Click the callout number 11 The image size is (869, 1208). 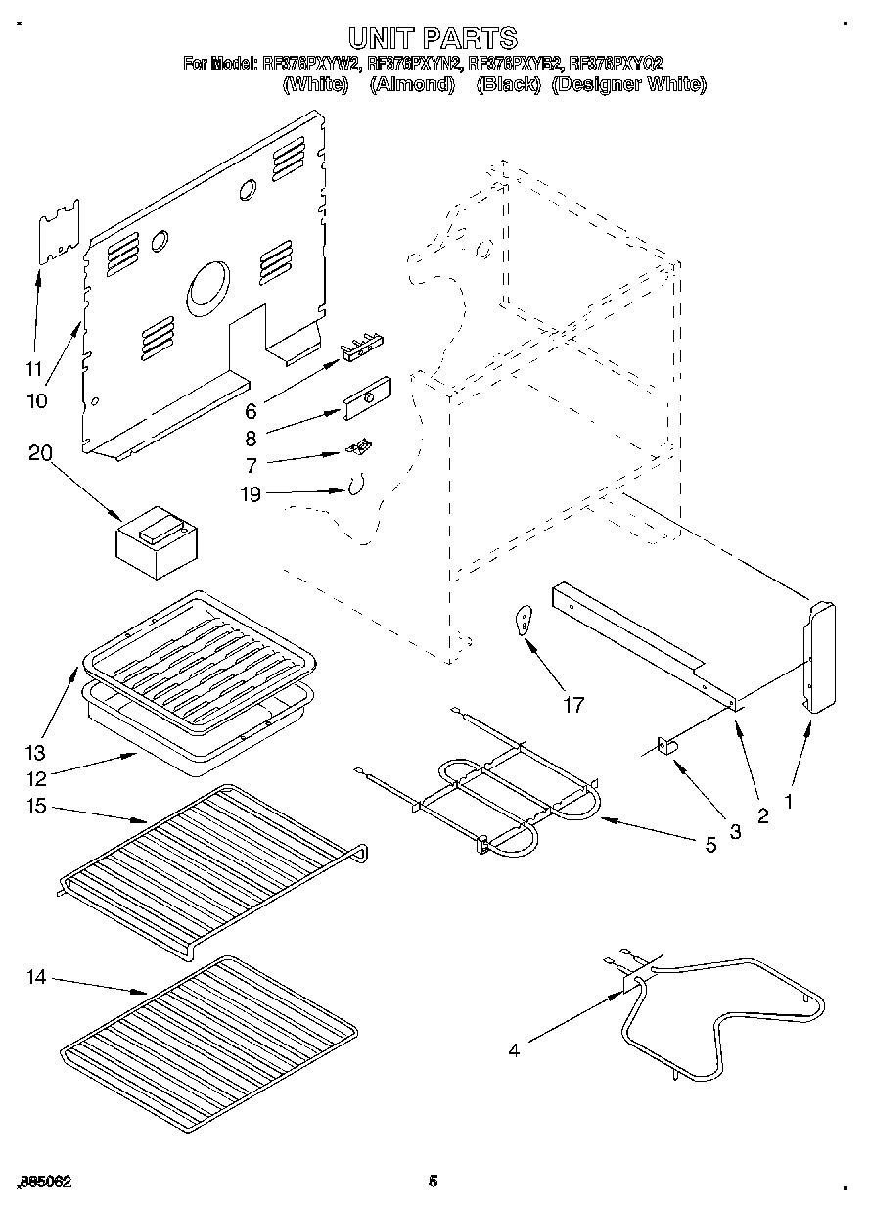click(x=34, y=369)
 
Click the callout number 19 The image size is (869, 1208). click(x=251, y=494)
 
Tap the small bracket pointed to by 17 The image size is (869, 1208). click(x=525, y=619)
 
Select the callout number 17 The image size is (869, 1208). click(x=573, y=703)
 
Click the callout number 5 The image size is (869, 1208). click(x=710, y=844)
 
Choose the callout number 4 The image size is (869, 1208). click(x=515, y=1050)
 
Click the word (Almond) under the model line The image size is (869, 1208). click(x=413, y=84)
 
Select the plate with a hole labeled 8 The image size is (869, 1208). click(x=367, y=400)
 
